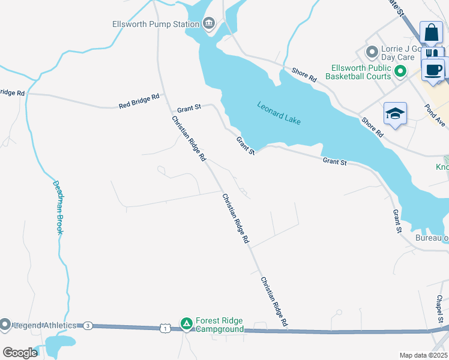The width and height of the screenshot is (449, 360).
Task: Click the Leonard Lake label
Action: point(279,113)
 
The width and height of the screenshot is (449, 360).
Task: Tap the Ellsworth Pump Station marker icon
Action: point(208,24)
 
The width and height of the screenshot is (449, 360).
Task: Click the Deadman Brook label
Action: point(58,208)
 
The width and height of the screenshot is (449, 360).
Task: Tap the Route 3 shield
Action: point(88,325)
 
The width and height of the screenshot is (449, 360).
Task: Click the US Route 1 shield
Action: point(164,328)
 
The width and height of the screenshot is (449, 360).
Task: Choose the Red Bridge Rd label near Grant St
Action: point(139,101)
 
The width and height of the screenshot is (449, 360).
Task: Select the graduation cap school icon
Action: point(395,113)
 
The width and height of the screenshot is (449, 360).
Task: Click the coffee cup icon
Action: point(433,69)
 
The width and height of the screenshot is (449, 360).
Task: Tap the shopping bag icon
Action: point(432,32)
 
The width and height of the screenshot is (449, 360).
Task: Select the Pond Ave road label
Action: point(435,114)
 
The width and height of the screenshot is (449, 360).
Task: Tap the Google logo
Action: point(20,353)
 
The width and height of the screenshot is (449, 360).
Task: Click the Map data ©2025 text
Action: point(423,355)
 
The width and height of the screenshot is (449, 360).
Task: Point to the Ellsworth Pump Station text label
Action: point(155,25)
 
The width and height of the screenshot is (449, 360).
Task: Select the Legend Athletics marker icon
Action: point(5,325)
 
